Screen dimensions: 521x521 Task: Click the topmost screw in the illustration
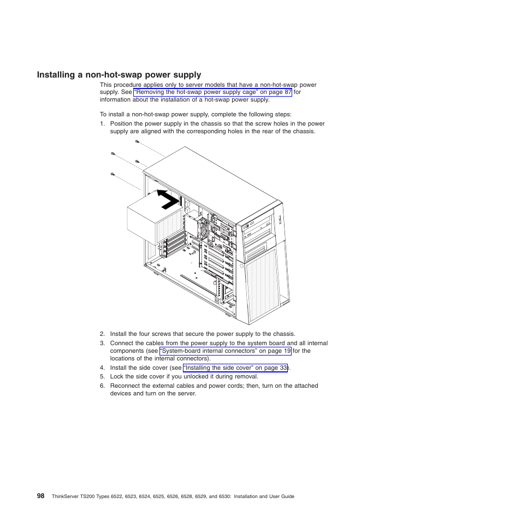tap(137, 142)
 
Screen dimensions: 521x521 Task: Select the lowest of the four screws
tap(112, 174)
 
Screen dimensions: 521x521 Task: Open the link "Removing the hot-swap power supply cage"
tap(212, 92)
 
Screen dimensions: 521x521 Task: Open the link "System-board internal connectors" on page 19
tap(225, 351)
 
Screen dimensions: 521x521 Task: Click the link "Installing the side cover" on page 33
tap(235, 368)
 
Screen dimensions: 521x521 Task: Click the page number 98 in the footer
tap(41, 496)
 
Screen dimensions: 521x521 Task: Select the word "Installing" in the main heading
tap(56, 75)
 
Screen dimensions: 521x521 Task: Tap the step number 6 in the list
tap(102, 386)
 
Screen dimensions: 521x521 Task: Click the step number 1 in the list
tap(102, 124)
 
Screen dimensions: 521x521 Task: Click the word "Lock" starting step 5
tap(116, 377)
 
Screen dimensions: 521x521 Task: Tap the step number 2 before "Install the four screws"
tap(102, 334)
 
